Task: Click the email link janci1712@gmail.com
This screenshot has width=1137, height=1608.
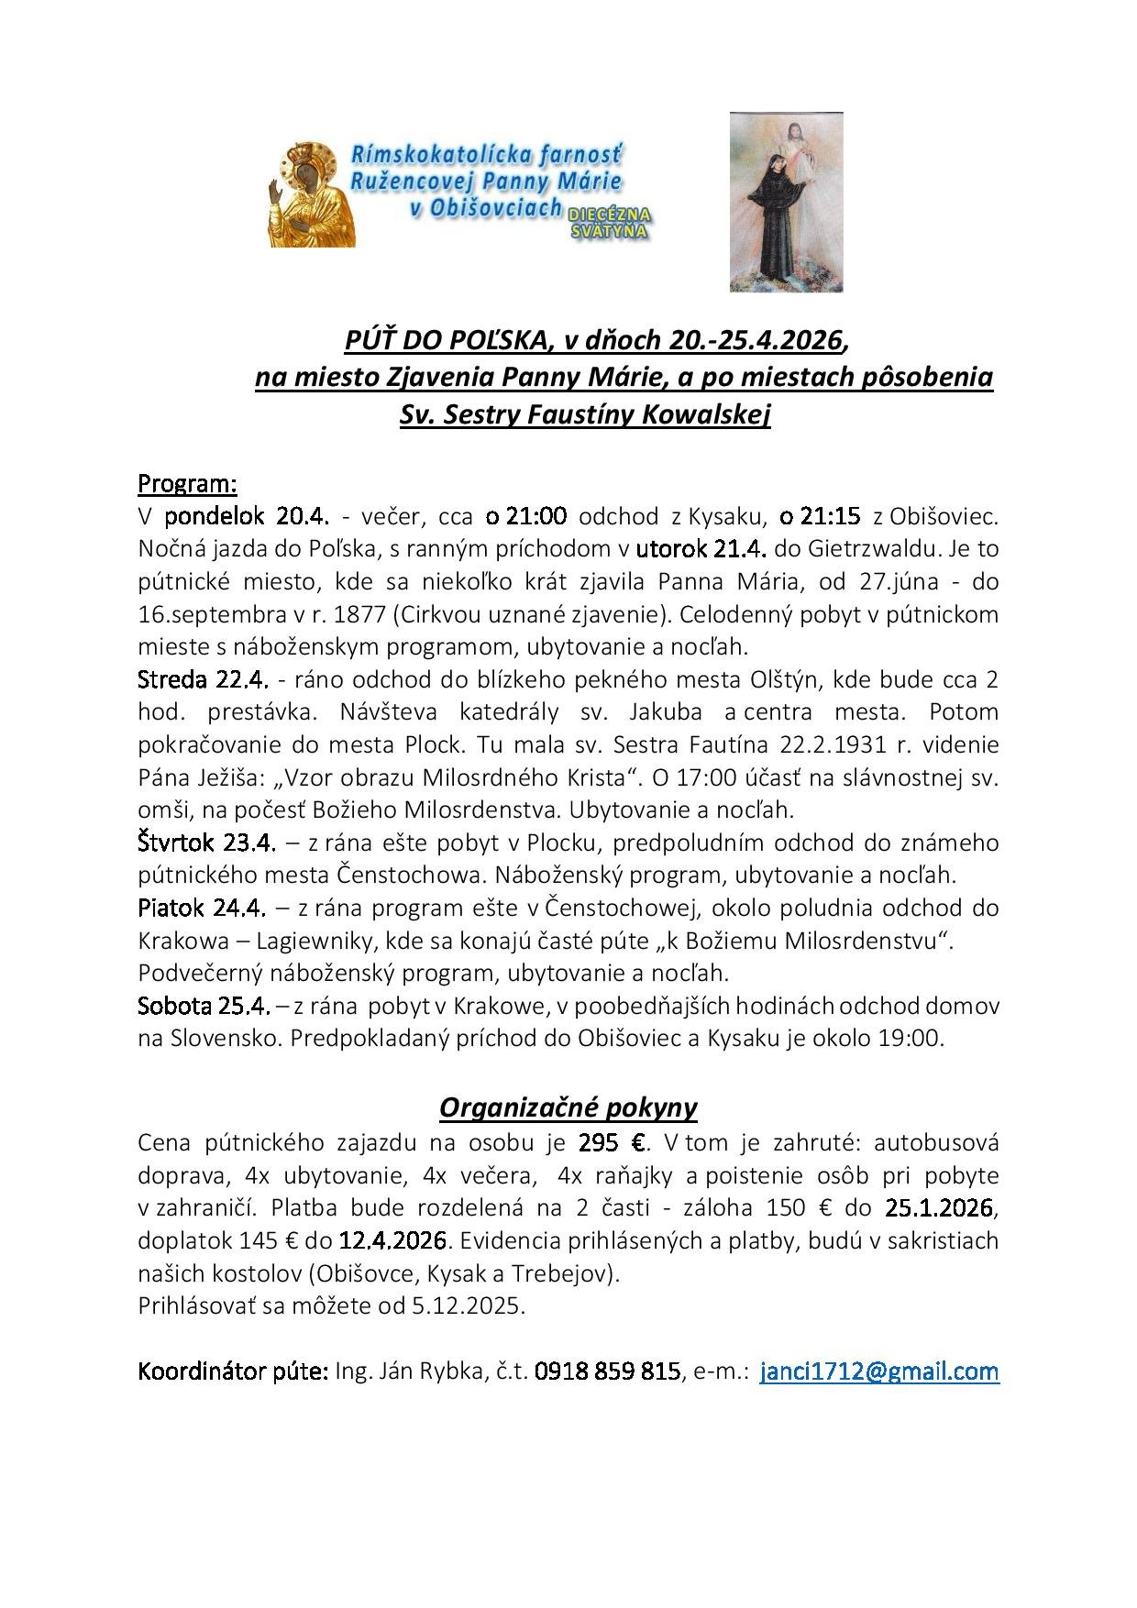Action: click(x=879, y=1371)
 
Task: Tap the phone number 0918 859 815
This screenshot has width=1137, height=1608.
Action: click(x=607, y=1371)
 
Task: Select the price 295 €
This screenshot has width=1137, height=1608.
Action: click(x=613, y=1142)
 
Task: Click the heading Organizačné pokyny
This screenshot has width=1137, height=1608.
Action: click(x=568, y=1107)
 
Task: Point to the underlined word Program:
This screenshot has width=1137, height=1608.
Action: click(x=187, y=482)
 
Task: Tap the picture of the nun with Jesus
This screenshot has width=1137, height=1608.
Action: click(x=786, y=202)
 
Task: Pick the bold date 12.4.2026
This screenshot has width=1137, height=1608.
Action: click(x=392, y=1240)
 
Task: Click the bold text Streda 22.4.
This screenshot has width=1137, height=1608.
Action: click(x=203, y=679)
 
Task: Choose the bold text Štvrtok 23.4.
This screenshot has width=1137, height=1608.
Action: click(x=206, y=842)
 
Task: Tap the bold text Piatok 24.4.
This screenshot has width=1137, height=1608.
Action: click(x=202, y=908)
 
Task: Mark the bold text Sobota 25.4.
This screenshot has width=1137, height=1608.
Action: click(x=204, y=1006)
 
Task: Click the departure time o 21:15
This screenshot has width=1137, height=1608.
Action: click(x=820, y=516)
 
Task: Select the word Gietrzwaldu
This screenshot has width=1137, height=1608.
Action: click(x=870, y=549)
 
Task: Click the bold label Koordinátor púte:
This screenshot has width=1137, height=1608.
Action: click(x=233, y=1371)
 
